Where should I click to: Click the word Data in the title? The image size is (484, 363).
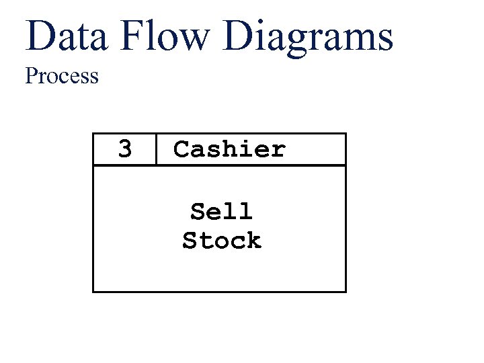coord(67,36)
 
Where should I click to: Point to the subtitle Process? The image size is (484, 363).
coord(62,76)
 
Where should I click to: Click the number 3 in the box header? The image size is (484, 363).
coord(125,149)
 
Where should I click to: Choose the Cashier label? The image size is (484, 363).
coord(229,149)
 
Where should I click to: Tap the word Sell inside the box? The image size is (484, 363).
coord(221,211)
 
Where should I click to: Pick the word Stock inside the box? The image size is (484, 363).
coord(221,240)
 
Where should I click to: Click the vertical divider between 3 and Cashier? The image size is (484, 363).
coord(156,149)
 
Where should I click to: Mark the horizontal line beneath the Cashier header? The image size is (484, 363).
coord(219,165)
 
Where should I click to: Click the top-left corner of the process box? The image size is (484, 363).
coord(93,134)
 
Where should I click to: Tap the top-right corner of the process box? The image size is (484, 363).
coord(346,134)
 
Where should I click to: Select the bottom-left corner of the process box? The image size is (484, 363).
coord(93,291)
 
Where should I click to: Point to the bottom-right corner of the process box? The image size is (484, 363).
coord(346,291)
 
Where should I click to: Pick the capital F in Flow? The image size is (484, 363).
coord(132,36)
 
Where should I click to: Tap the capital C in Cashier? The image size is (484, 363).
coord(181,149)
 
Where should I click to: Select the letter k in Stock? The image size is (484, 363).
coord(253,240)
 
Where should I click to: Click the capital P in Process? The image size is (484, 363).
coord(31,76)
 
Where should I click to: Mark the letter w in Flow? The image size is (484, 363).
coord(196,40)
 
